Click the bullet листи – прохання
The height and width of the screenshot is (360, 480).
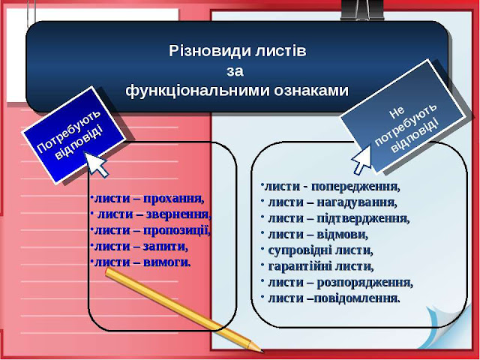click(147, 199)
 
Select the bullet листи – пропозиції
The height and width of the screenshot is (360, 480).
click(150, 230)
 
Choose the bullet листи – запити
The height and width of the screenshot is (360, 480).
click(139, 246)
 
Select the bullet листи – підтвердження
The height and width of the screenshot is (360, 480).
click(338, 218)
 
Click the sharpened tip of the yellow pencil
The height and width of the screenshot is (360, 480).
click(260, 349)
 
